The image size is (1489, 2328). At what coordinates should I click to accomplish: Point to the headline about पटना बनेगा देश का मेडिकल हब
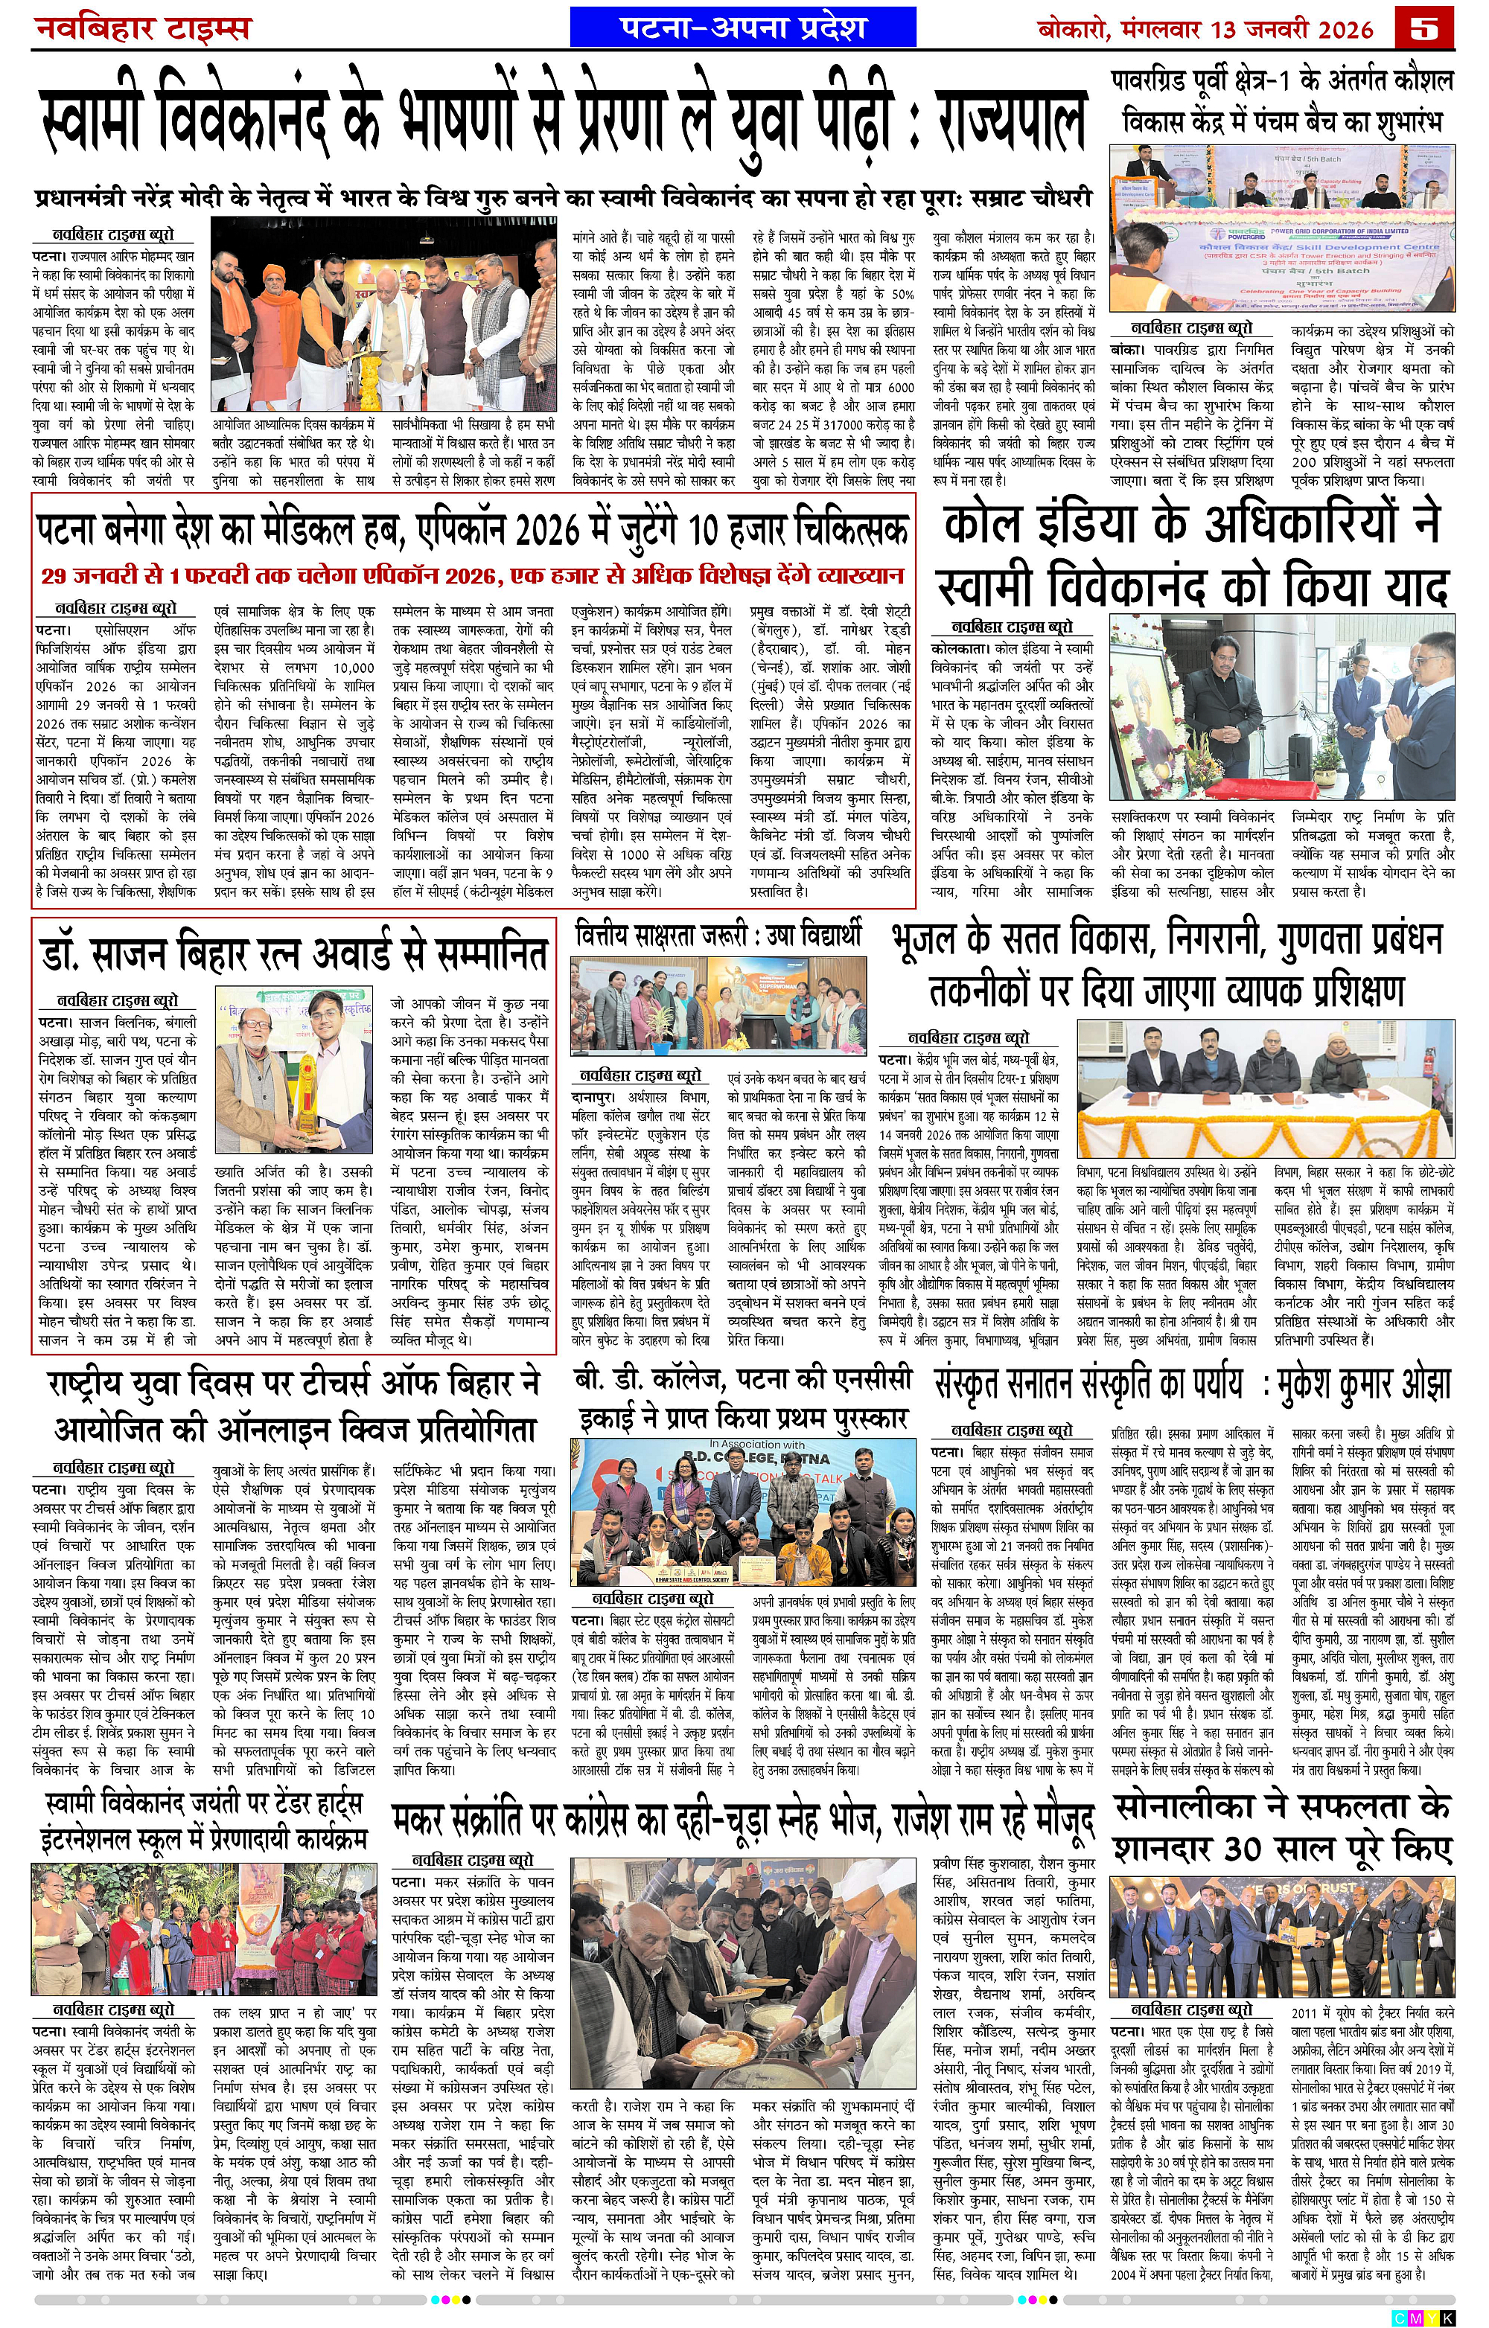pyautogui.click(x=473, y=529)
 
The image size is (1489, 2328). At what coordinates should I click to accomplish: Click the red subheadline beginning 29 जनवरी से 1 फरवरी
pyautogui.click(x=473, y=575)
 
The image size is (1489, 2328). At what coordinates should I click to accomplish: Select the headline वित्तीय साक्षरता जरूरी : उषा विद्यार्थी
pyautogui.click(x=716, y=936)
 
